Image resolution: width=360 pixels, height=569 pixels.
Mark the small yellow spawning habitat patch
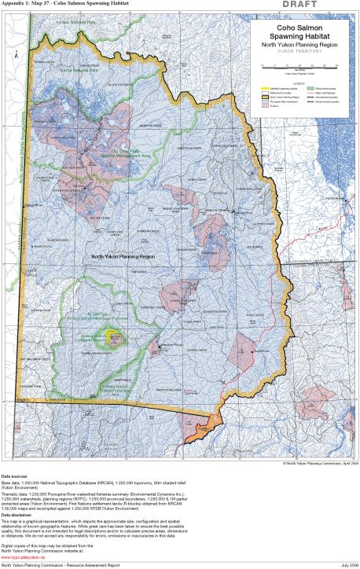coord(116,340)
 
